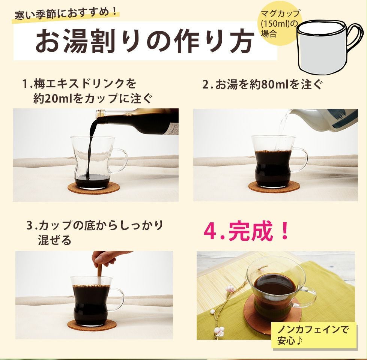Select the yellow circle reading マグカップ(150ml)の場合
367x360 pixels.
click(280, 24)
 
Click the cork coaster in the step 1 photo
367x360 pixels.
click(94, 187)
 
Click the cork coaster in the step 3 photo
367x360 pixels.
click(92, 324)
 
